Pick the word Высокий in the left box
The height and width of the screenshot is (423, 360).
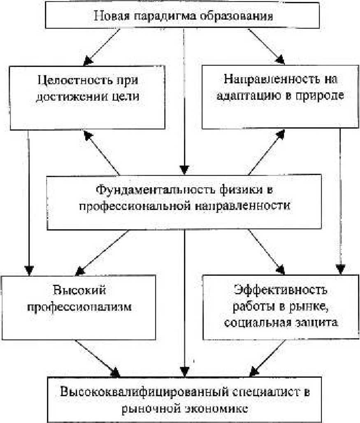[x=79, y=291]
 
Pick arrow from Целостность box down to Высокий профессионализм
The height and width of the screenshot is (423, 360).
[x=28, y=201]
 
